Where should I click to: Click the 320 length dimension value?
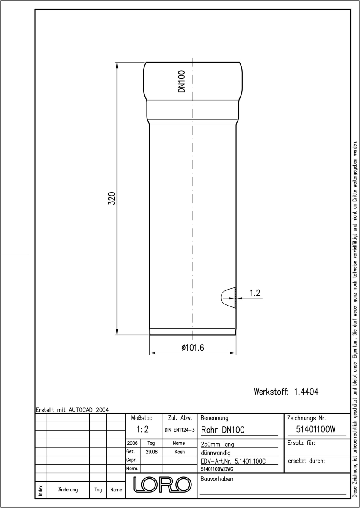(x=112, y=199)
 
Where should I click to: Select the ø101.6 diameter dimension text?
(x=193, y=348)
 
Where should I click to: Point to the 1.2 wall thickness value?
(x=255, y=293)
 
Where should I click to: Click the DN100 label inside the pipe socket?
(x=182, y=81)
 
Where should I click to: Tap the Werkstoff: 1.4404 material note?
(x=286, y=392)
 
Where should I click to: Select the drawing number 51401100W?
(x=316, y=429)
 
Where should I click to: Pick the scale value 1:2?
(x=143, y=429)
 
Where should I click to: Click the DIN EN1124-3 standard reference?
(x=180, y=430)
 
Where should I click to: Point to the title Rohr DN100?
(x=223, y=430)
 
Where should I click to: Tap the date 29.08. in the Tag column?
(x=152, y=452)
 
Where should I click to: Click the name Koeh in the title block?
(x=180, y=452)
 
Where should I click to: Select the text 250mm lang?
(x=217, y=444)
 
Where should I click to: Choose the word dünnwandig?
(x=216, y=453)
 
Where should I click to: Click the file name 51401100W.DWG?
(x=217, y=469)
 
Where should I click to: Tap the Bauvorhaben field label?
(x=216, y=479)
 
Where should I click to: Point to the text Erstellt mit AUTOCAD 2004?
(x=72, y=410)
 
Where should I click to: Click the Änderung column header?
(x=68, y=490)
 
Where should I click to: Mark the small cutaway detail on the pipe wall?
(x=229, y=298)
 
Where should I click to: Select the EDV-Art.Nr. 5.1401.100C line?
(x=233, y=461)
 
